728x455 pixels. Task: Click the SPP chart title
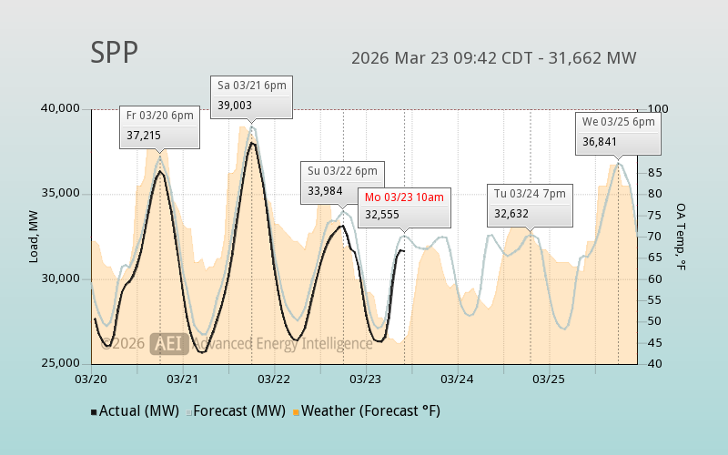[115, 53]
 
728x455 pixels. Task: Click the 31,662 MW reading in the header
[597, 58]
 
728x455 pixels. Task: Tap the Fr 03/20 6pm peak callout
[159, 126]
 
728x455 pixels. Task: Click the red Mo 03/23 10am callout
[404, 207]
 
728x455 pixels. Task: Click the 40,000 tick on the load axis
[62, 109]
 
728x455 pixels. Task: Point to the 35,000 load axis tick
[62, 194]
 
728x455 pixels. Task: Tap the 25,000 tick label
[62, 364]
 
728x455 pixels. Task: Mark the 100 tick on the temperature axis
[657, 109]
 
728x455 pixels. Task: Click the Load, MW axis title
[34, 237]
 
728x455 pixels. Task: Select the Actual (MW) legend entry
[134, 411]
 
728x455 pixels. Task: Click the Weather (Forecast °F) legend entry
[366, 411]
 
